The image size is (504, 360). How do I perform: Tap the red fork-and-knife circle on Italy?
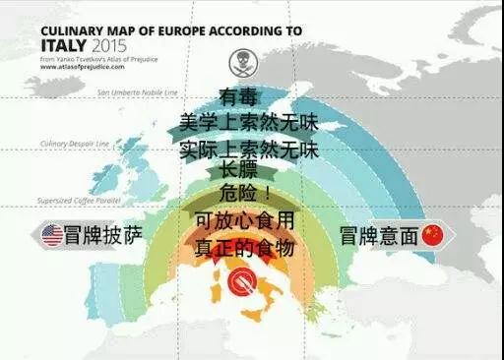coord(240,283)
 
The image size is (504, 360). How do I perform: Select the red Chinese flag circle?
coord(433,236)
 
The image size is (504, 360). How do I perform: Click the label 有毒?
coord(239,98)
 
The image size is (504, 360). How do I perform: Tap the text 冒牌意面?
coord(378,236)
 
